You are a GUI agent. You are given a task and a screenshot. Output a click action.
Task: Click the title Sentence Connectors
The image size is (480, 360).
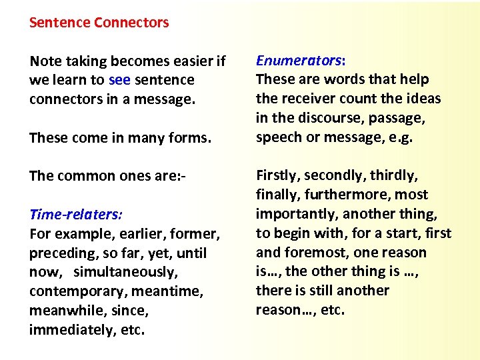point(99,23)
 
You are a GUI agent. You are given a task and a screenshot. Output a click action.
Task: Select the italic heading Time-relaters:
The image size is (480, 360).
point(75,215)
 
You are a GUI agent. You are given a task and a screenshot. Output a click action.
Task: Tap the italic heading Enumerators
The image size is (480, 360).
point(298,60)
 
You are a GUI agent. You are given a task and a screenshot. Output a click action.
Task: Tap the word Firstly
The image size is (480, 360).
point(279,176)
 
